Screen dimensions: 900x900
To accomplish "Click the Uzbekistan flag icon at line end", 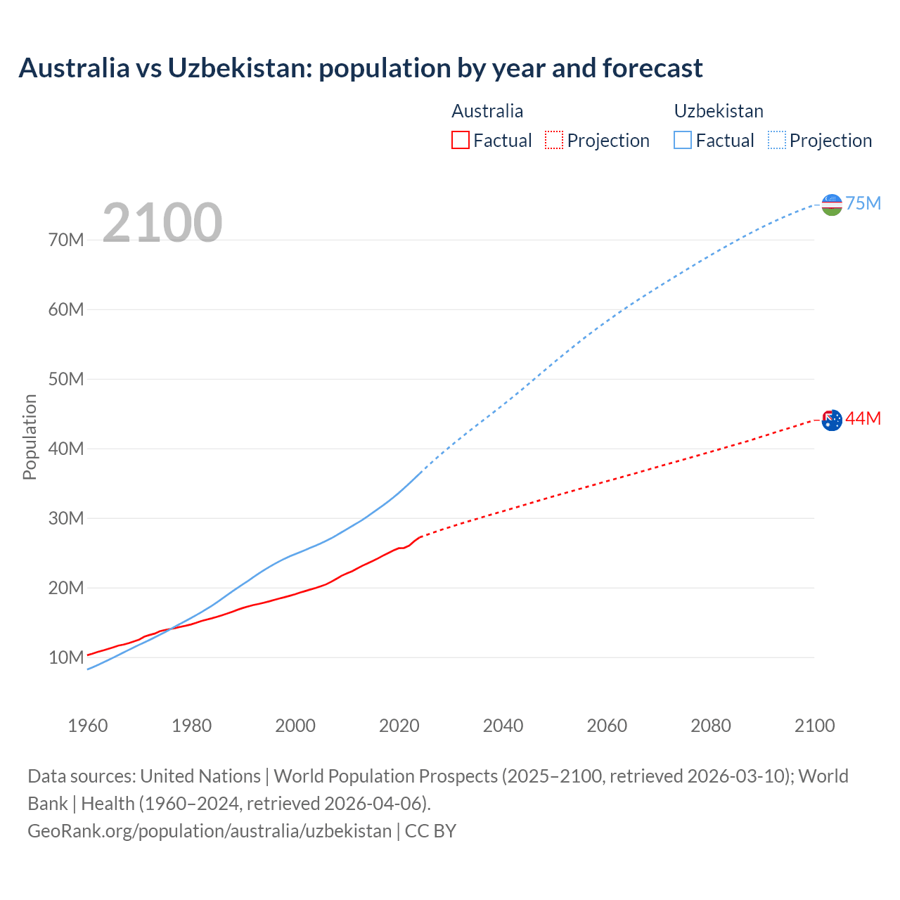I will click(x=832, y=205).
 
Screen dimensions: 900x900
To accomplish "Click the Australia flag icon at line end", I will click(x=832, y=420).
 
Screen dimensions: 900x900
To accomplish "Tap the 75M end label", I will click(x=863, y=203).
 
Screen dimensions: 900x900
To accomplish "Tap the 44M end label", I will click(x=863, y=418).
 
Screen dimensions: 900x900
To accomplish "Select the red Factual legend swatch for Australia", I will click(x=460, y=140).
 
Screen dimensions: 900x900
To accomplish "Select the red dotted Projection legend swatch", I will click(x=554, y=140).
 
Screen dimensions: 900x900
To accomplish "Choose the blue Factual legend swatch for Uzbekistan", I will click(x=682, y=140).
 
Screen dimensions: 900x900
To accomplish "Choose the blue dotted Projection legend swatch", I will click(x=777, y=140).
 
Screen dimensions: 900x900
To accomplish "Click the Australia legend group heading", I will click(x=487, y=111).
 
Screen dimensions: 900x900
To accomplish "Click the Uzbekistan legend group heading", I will click(x=719, y=111).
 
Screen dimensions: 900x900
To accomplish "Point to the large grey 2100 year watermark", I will click(x=162, y=223).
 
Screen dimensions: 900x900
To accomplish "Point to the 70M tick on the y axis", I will click(x=66, y=240).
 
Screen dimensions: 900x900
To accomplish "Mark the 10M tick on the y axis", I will click(x=66, y=657).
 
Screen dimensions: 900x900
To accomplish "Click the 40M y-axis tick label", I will click(x=66, y=449).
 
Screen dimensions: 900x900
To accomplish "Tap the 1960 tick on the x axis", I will click(x=88, y=726).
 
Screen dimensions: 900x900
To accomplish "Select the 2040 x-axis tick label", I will click(x=503, y=726).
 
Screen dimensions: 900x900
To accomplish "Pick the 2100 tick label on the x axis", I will click(x=814, y=726).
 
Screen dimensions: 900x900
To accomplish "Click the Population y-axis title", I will click(x=30, y=437).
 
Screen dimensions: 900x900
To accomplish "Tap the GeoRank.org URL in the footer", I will click(x=210, y=830).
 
